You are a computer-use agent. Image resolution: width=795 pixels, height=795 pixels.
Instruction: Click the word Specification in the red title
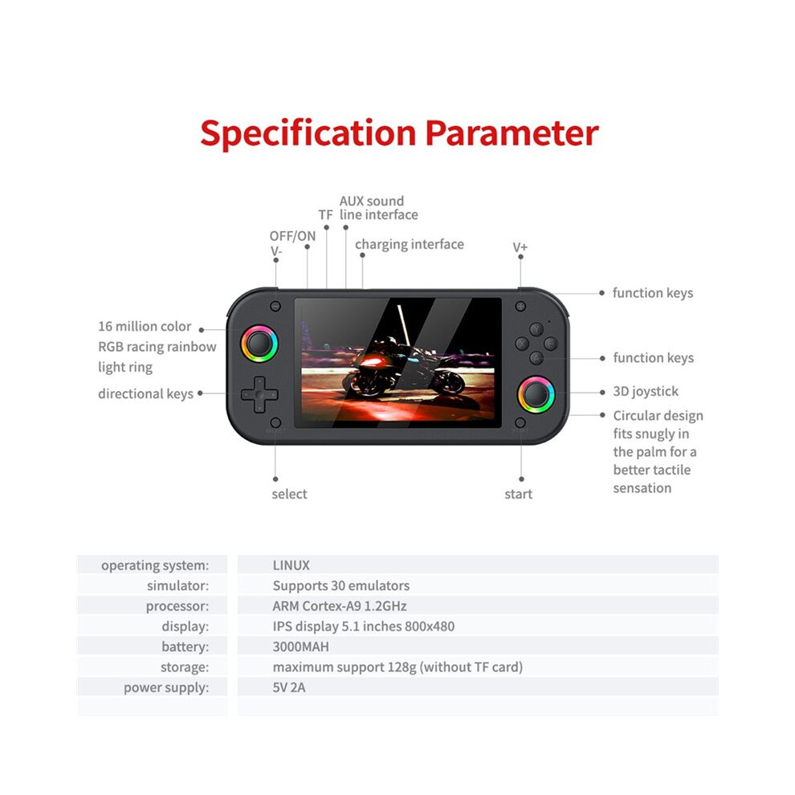[308, 134]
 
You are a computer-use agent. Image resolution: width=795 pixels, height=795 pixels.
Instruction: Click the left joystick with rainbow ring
[259, 344]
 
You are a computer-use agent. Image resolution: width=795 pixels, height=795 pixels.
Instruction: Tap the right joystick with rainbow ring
[536, 394]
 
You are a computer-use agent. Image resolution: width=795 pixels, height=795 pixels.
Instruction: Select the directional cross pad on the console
[259, 394]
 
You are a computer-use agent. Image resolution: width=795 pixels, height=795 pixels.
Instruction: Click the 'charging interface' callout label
[410, 244]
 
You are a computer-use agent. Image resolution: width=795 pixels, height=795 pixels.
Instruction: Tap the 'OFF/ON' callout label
[292, 236]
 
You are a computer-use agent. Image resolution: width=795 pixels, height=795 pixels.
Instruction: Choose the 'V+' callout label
[520, 247]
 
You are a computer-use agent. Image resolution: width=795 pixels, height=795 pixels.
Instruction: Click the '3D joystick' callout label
[646, 391]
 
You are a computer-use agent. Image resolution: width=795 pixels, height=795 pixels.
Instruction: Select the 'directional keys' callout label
[145, 394]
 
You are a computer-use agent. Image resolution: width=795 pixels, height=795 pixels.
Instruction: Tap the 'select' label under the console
[289, 494]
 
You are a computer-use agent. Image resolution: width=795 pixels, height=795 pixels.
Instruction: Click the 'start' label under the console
[518, 494]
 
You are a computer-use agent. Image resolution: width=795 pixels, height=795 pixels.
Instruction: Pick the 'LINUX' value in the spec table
[291, 565]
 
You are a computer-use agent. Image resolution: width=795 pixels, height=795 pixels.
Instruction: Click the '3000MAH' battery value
[300, 647]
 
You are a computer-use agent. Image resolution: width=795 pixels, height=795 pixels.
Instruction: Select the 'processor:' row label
[177, 606]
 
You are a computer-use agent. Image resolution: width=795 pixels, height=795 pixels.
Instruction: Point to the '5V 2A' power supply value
[289, 687]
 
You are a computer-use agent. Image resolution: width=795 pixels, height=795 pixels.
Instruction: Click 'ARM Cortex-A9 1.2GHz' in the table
[340, 605]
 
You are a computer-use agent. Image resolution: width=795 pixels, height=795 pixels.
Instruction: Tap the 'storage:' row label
[185, 667]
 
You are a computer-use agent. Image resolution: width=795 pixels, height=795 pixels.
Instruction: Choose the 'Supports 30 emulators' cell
[341, 585]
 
